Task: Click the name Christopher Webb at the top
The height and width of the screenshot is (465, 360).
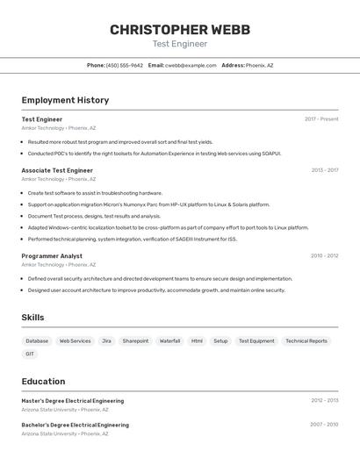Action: pyautogui.click(x=180, y=30)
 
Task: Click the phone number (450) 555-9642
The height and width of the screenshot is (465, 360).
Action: pyautogui.click(x=125, y=65)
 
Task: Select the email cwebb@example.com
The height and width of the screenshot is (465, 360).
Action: pyautogui.click(x=191, y=65)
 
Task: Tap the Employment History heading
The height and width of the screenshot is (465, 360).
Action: pyautogui.click(x=65, y=100)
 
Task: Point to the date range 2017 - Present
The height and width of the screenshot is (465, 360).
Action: pyautogui.click(x=321, y=119)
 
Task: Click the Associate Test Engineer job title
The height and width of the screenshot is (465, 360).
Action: pyautogui.click(x=57, y=170)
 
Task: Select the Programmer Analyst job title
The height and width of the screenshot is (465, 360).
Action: pyautogui.click(x=52, y=256)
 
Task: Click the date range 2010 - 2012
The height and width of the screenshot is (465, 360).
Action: pyautogui.click(x=324, y=256)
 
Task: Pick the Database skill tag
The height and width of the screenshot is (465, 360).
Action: pyautogui.click(x=37, y=340)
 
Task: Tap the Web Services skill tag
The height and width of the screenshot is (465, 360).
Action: pyautogui.click(x=75, y=340)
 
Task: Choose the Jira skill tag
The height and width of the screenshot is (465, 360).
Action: pyautogui.click(x=106, y=340)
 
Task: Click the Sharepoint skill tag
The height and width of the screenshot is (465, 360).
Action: pyautogui.click(x=135, y=340)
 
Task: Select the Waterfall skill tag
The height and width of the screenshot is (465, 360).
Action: pyautogui.click(x=169, y=340)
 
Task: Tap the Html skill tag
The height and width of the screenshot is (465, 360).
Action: pyautogui.click(x=197, y=340)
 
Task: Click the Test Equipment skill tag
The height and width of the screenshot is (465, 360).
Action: pyautogui.click(x=256, y=340)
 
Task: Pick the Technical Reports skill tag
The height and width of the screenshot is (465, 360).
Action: pyautogui.click(x=306, y=340)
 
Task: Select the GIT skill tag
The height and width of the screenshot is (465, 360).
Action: pyautogui.click(x=30, y=354)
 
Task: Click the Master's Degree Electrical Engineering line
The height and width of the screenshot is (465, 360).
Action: pyautogui.click(x=73, y=401)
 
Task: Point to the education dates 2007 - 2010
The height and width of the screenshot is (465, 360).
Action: pyautogui.click(x=324, y=425)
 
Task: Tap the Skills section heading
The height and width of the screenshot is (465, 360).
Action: pyautogui.click(x=32, y=318)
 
